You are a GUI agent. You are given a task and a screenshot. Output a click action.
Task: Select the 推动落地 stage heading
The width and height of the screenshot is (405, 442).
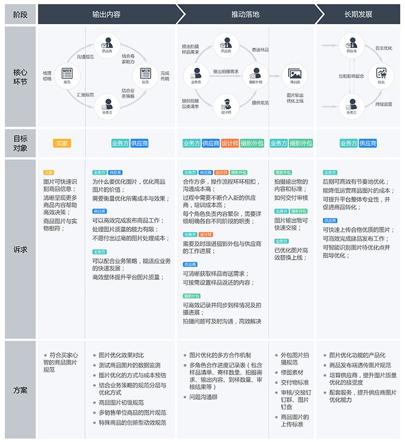[x=245, y=14]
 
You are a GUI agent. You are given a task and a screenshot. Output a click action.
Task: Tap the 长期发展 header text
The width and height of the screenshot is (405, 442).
[x=358, y=14]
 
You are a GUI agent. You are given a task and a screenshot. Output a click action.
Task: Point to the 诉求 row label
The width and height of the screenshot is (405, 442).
[x=20, y=249]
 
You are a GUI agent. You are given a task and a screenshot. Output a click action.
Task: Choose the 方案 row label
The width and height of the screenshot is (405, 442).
[x=20, y=390]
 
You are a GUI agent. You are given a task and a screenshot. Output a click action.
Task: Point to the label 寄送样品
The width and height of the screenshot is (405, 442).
[x=260, y=50]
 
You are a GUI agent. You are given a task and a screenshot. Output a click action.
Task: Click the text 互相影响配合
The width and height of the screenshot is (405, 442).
[x=352, y=75]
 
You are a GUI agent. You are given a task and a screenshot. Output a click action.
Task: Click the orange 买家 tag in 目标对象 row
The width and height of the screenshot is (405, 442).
[x=62, y=144]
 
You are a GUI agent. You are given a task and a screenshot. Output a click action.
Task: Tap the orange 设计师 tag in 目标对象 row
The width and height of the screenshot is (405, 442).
[x=229, y=144]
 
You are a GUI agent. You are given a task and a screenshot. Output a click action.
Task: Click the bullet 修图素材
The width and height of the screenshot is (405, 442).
[x=292, y=372]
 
